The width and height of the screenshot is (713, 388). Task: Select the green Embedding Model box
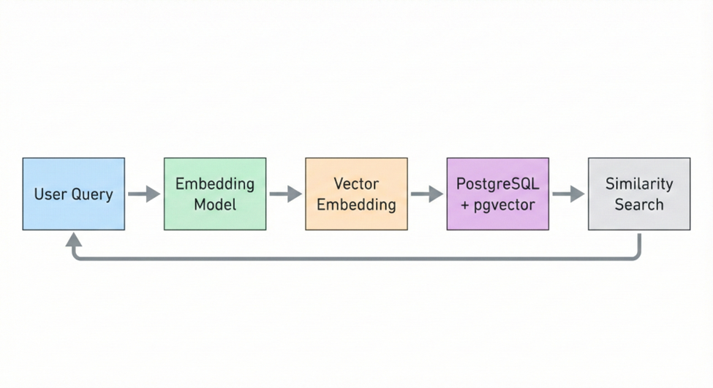[215, 194]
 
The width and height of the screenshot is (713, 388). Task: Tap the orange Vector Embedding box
[356, 194]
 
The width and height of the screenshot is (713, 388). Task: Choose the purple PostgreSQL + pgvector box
[497, 194]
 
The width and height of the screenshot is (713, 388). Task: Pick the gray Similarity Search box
[638, 194]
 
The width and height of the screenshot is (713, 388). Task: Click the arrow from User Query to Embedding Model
[144, 194]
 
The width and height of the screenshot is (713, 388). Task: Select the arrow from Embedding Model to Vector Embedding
[285, 194]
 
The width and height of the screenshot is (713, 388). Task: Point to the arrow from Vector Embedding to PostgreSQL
[427, 194]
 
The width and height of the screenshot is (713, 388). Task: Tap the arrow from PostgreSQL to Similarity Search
[568, 194]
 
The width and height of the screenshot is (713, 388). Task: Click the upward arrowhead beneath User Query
[73, 239]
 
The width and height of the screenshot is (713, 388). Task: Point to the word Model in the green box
[215, 205]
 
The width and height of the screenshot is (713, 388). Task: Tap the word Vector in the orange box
[356, 183]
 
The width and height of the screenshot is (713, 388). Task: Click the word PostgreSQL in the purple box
[498, 183]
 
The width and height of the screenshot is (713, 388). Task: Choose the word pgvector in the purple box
[505, 205]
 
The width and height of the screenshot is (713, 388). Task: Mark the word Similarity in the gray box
[639, 183]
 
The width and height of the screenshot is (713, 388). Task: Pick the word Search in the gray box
[639, 205]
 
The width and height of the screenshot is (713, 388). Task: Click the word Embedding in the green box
[215, 183]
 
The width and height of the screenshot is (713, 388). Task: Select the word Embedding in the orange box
[356, 205]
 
